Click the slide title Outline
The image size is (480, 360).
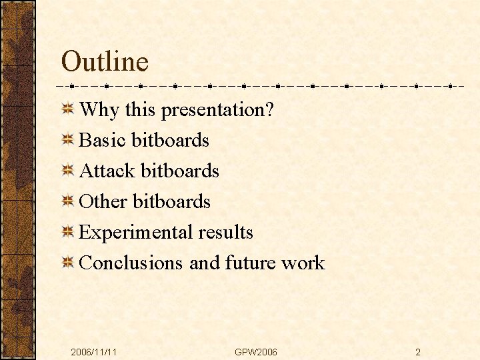click(105, 62)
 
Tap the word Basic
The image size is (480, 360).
click(103, 141)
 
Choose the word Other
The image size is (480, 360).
click(103, 202)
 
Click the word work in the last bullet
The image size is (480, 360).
click(303, 263)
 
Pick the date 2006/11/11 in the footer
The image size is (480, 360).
click(94, 351)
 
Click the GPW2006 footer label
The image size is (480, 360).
click(256, 351)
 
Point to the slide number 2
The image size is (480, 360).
click(417, 351)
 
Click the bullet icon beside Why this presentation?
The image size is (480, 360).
click(68, 110)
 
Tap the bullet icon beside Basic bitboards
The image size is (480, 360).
click(68, 141)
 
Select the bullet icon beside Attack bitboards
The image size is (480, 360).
click(68, 171)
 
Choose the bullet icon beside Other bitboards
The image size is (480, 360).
click(68, 202)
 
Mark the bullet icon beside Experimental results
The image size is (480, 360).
click(68, 233)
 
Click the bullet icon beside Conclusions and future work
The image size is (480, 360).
click(68, 263)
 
